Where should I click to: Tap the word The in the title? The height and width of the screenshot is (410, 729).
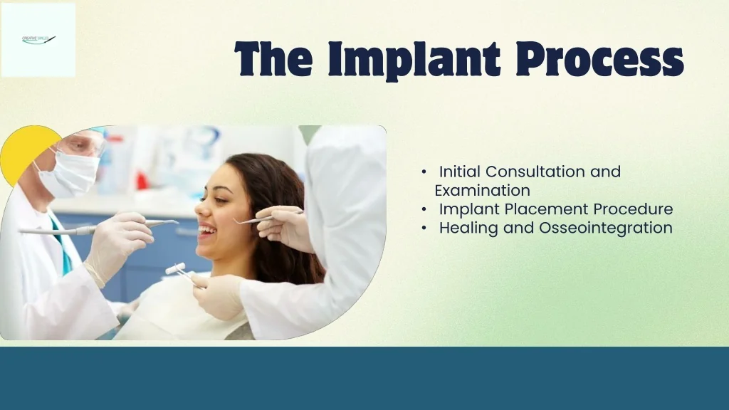(273, 59)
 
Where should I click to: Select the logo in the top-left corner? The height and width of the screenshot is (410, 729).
(38, 40)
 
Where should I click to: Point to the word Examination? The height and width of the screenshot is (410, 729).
(482, 191)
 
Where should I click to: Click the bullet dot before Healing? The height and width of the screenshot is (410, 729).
(424, 228)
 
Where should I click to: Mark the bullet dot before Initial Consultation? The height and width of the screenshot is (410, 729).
(424, 172)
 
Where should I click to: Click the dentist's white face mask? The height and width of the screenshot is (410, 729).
(69, 174)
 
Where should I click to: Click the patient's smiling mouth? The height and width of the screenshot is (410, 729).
(207, 230)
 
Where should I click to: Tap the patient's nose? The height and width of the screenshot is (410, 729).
(199, 211)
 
